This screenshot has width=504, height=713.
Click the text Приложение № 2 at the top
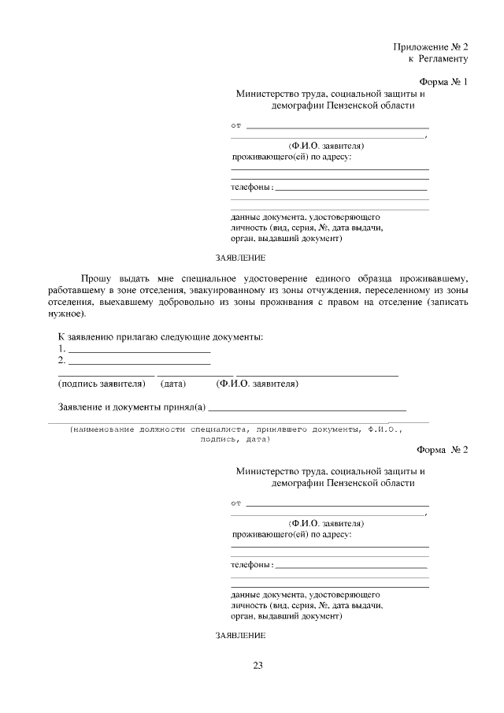pyautogui.click(x=431, y=46)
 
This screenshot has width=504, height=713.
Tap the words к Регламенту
pyautogui.click(x=438, y=58)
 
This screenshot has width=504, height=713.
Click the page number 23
pyautogui.click(x=258, y=666)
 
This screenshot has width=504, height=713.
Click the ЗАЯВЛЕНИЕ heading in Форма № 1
pyautogui.click(x=240, y=258)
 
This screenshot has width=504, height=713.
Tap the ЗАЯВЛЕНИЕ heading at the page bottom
pyautogui.click(x=240, y=635)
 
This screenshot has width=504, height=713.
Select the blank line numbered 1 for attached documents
pyautogui.click(x=139, y=351)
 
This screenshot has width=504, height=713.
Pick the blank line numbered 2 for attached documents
pyautogui.click(x=139, y=363)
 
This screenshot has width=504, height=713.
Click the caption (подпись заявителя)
pyautogui.click(x=102, y=384)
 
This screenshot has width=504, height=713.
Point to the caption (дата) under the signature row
pyautogui.click(x=172, y=384)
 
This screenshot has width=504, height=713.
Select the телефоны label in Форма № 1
pyautogui.click(x=251, y=188)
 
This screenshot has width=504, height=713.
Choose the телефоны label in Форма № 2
pyautogui.click(x=251, y=565)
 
